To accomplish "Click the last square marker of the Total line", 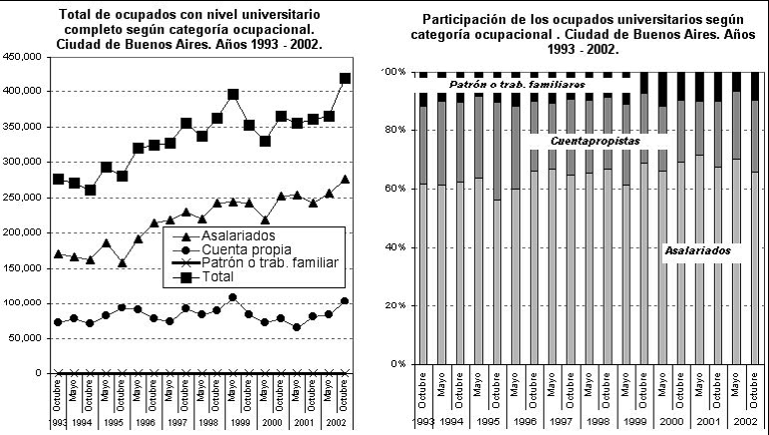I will (345, 78).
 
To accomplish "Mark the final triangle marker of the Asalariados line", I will (345, 179).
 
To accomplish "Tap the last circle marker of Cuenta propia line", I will (345, 300).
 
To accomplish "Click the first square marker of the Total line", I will (58, 179).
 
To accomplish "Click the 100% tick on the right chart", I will (394, 73).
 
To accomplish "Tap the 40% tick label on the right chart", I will (396, 247).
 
